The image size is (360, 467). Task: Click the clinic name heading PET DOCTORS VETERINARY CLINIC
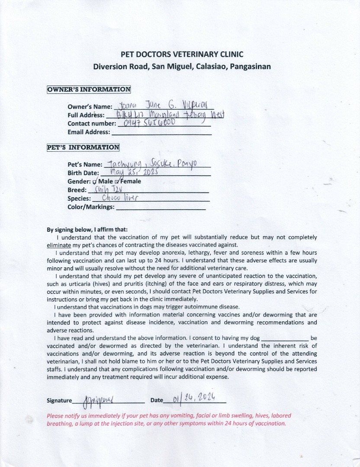182,54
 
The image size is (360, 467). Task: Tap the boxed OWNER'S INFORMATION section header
89,90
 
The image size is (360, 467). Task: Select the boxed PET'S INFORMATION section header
83,147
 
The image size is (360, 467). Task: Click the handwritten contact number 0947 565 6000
149,123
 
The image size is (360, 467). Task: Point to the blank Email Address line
161,133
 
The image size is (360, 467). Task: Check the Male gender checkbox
95,181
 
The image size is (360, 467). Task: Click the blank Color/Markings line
161,208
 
